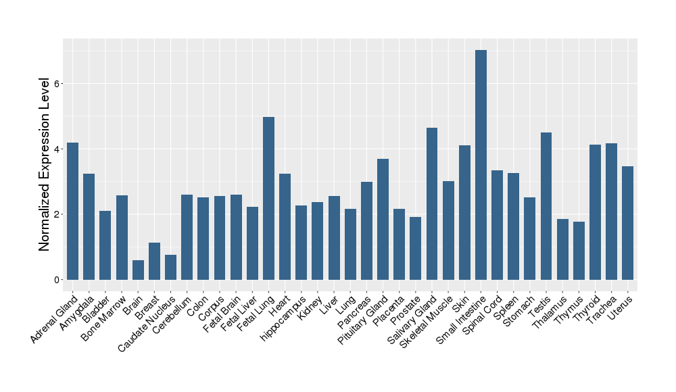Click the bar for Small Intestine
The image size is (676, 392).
pos(481,165)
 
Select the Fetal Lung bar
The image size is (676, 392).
pos(268,198)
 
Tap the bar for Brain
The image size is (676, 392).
pos(138,270)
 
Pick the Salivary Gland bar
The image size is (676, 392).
pos(432,203)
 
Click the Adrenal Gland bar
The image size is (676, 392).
pos(72,211)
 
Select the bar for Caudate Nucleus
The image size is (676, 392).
pos(170,267)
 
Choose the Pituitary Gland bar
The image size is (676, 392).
pos(383,219)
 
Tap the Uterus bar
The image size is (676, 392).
pos(628,223)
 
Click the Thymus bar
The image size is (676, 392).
pos(579,250)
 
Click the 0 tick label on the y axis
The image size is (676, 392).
pos(57,280)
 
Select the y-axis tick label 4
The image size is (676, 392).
pos(57,149)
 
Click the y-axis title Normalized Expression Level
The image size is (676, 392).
pos(45,164)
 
